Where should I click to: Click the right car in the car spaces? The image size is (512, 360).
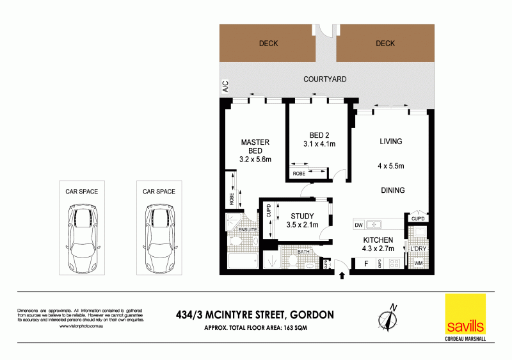pos(159,238)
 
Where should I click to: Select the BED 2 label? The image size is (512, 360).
pos(319,135)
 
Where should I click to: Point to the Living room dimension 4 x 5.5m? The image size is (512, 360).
pos(390,167)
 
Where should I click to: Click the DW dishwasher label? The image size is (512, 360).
pos(359,225)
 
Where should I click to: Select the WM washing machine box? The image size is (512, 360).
pos(419,263)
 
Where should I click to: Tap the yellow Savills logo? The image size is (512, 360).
pos(466,315)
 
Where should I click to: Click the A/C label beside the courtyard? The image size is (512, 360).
pos(225,86)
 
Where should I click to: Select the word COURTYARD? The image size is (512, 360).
pos(324,79)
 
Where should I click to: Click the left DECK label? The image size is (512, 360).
pos(268,44)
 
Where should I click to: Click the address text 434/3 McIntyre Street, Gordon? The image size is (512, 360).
pos(254,315)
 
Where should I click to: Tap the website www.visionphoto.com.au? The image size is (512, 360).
pos(82,327)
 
